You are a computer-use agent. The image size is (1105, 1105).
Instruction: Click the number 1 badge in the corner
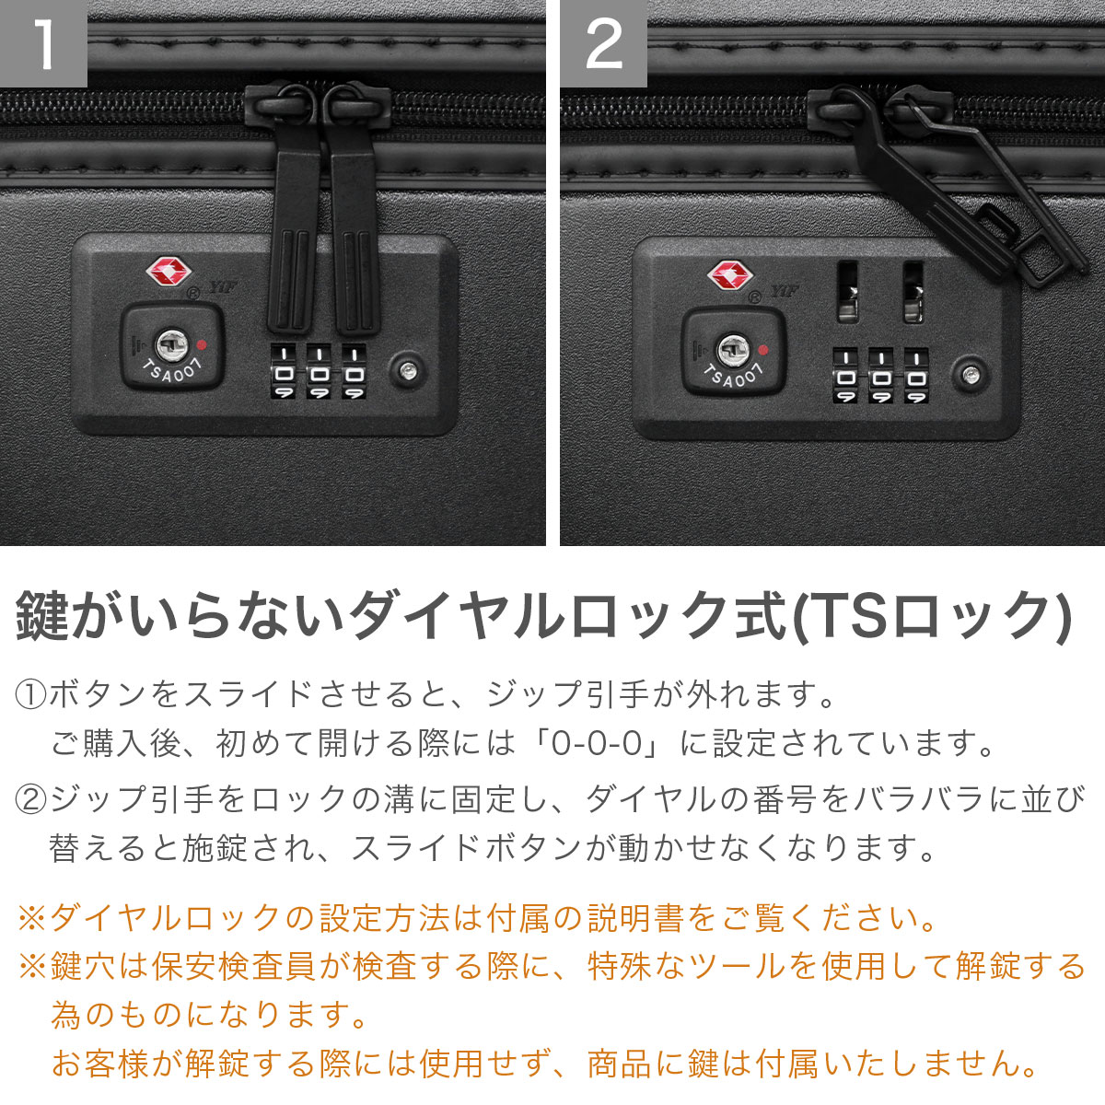pyautogui.click(x=42, y=43)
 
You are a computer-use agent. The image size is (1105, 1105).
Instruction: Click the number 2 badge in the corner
pyautogui.click(x=603, y=43)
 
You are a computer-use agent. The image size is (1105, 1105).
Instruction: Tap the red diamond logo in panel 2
pyautogui.click(x=729, y=275)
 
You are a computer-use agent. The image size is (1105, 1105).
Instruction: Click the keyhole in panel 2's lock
pyautogui.click(x=733, y=349)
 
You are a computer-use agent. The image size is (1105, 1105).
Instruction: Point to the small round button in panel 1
pyautogui.click(x=406, y=369)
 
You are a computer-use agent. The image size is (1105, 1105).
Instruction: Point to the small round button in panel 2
pyautogui.click(x=970, y=374)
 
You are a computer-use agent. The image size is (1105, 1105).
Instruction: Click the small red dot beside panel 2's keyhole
pyautogui.click(x=762, y=350)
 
